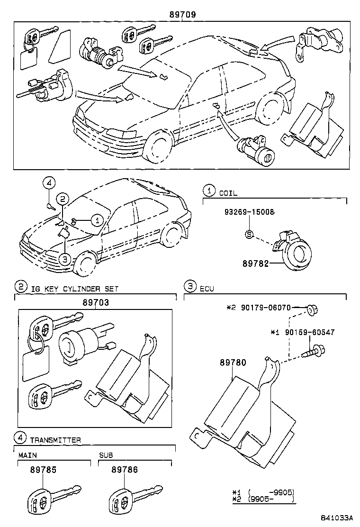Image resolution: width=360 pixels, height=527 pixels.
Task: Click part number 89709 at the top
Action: coord(182,15)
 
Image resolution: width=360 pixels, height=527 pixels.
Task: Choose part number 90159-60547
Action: coord(309,333)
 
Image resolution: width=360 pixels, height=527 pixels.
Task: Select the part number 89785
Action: coord(43,470)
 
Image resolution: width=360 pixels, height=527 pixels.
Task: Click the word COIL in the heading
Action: coord(228,193)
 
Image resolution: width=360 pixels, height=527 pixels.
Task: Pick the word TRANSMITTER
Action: coord(55,440)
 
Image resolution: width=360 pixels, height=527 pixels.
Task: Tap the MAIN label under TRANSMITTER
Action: coord(27,455)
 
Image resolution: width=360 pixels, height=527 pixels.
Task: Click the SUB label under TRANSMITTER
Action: coord(106,455)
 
